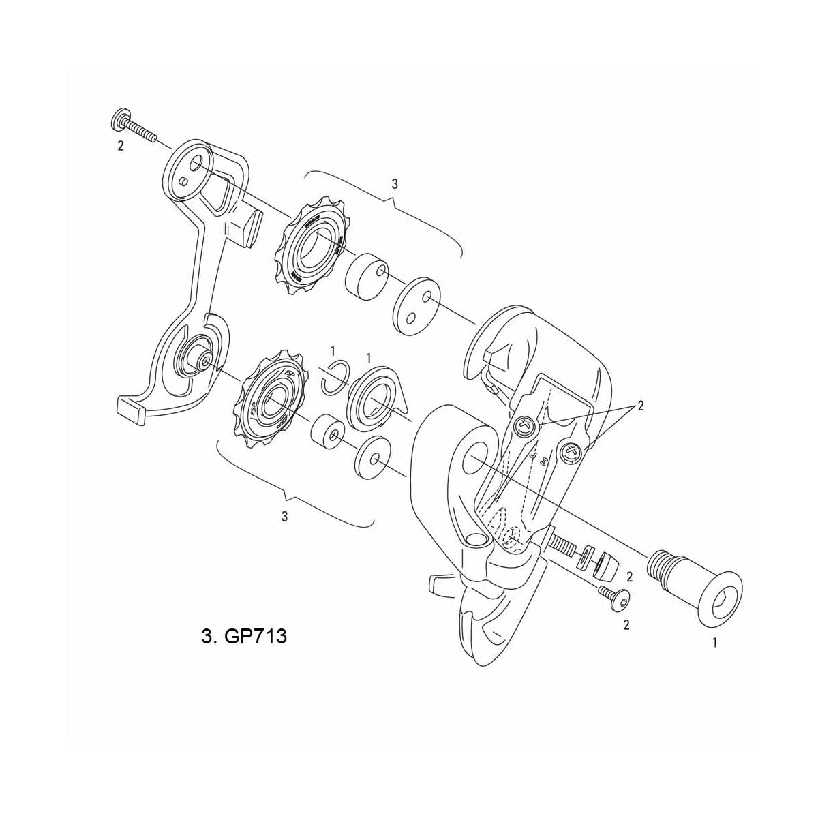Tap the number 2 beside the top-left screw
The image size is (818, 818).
(x=121, y=147)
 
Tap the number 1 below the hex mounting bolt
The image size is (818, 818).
(x=714, y=642)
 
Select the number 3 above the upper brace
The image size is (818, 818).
(x=395, y=184)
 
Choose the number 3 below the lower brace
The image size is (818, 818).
(x=284, y=516)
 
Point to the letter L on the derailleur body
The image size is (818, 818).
(x=515, y=453)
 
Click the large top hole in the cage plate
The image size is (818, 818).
(x=196, y=164)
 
